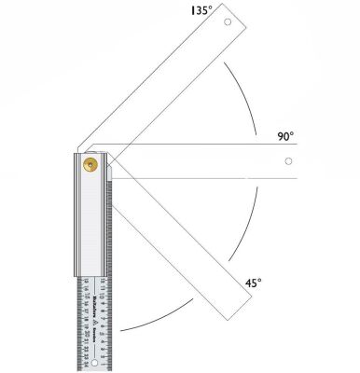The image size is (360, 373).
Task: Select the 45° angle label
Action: (252, 281)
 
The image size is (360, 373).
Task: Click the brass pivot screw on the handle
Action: (90, 165)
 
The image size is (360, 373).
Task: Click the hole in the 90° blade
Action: (290, 162)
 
